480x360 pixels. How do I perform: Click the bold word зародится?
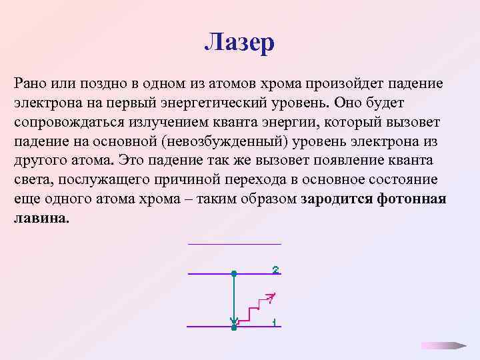[338, 200]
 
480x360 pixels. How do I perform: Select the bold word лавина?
[41, 219]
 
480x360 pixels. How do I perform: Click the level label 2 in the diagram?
[275, 270]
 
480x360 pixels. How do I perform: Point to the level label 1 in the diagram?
[274, 323]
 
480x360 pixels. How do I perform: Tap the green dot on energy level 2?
[233, 273]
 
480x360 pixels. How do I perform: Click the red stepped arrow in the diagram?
[257, 307]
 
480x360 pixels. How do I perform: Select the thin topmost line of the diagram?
[235, 244]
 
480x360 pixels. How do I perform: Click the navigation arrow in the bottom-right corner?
[443, 345]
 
